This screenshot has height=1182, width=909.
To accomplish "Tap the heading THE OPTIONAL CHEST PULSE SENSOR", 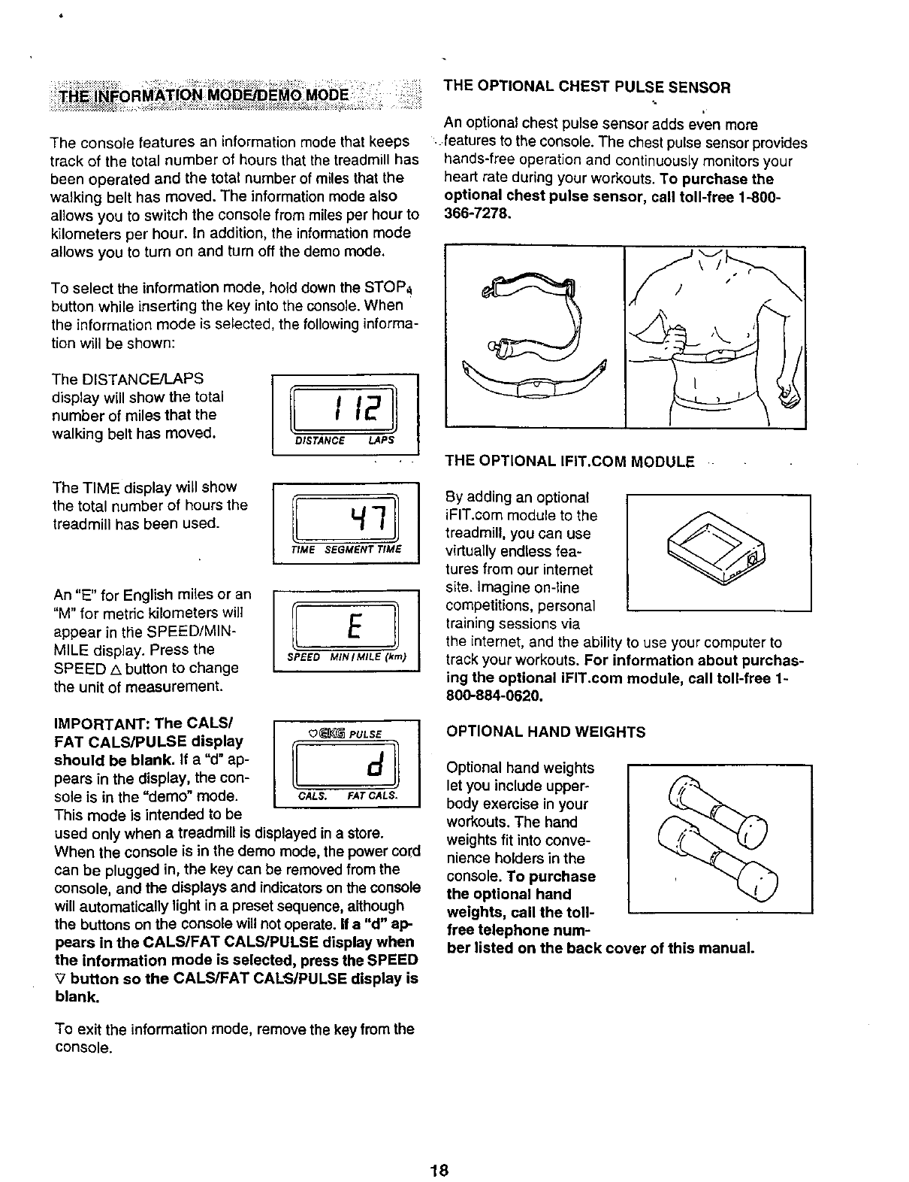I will (587, 86).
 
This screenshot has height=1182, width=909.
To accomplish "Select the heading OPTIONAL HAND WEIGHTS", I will (545, 732).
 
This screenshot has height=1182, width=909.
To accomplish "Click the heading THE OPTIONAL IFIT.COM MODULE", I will (569, 460).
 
